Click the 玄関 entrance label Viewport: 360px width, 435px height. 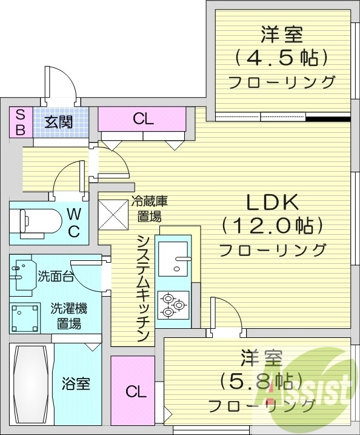pos(58,121)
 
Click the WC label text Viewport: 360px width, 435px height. pos(73,222)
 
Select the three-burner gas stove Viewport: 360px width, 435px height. pos(174,305)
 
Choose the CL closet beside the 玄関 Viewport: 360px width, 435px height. pos(143,119)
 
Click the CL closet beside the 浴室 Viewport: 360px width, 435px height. pos(136,392)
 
